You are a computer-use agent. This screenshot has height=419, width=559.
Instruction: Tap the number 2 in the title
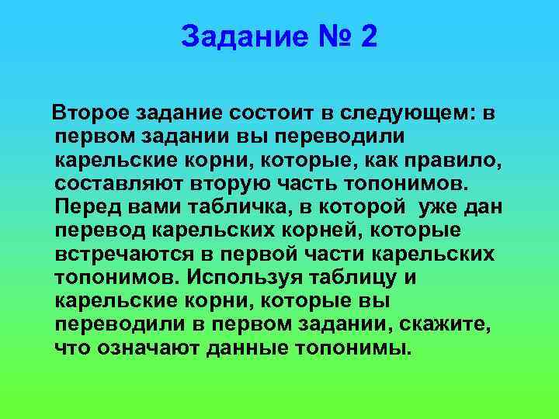pos(368,36)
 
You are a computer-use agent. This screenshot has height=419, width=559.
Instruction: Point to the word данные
pos(246,348)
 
